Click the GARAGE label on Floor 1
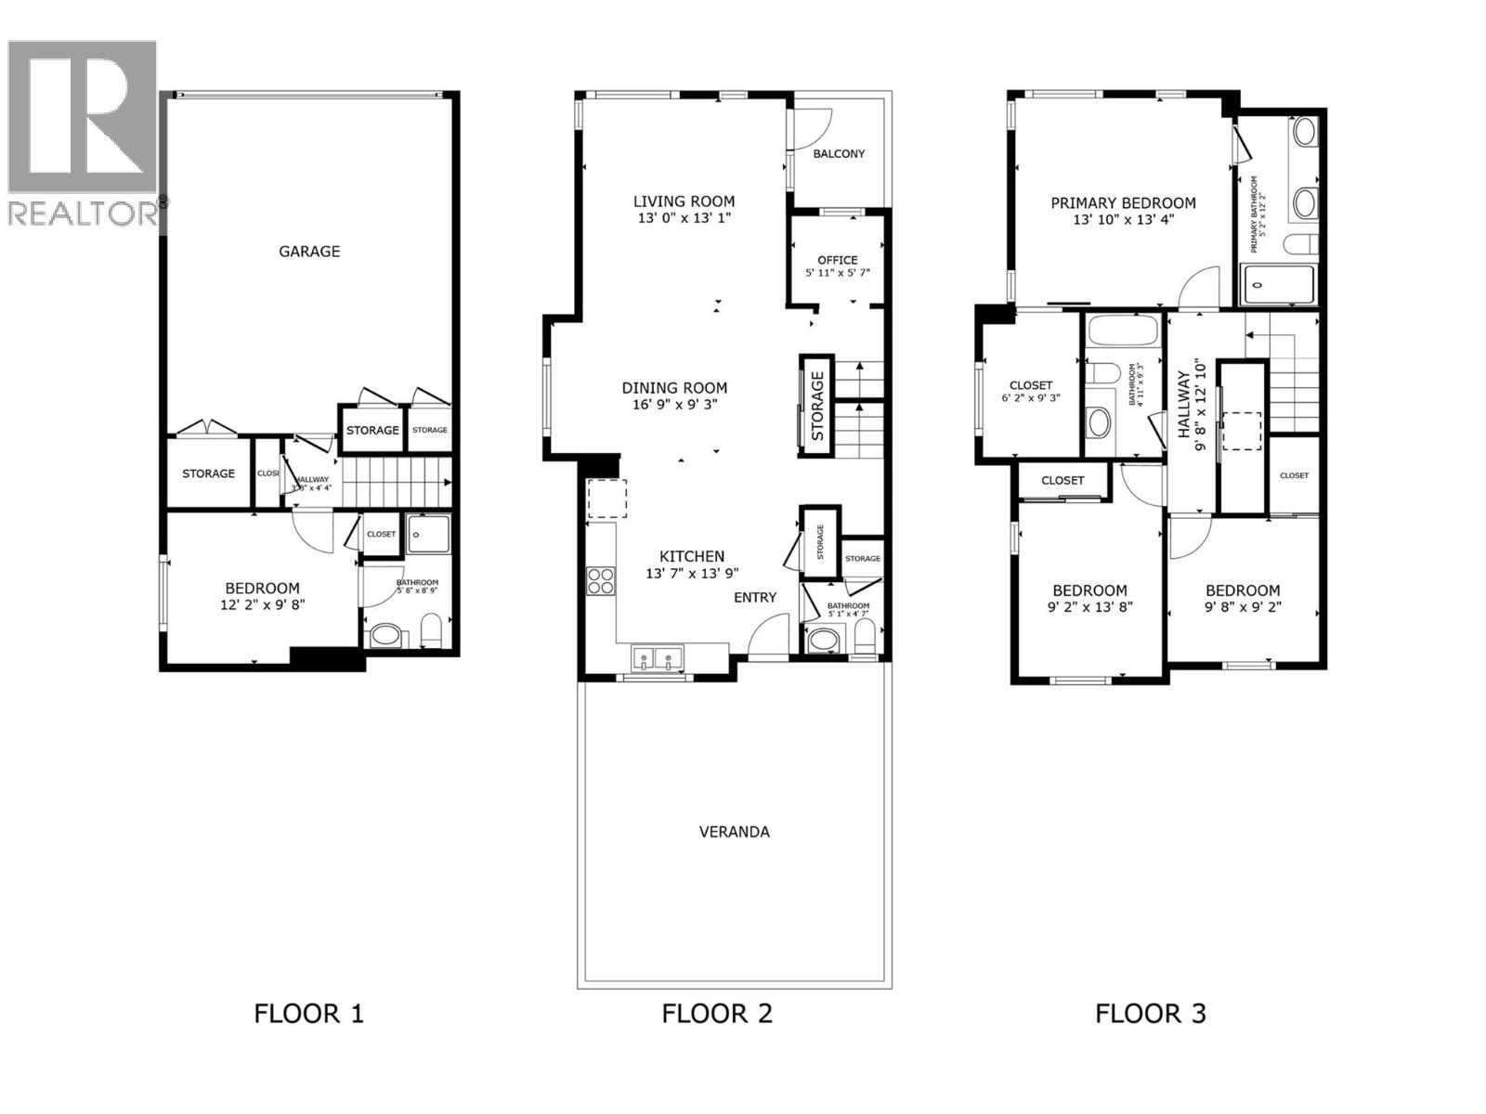tap(309, 252)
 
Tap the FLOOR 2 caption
tap(717, 1013)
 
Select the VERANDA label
tap(734, 832)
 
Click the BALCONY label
tap(839, 154)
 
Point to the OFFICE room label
tap(837, 260)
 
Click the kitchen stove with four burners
tap(601, 580)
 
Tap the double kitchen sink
tap(657, 658)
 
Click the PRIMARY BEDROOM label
tap(1123, 203)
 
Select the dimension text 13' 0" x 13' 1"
tap(684, 219)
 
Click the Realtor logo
tap(84, 130)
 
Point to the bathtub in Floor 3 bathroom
tap(1123, 332)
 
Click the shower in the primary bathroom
tap(1279, 285)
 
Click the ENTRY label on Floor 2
tap(754, 597)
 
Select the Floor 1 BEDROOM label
tap(262, 588)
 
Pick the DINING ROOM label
tap(674, 388)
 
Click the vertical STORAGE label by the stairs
tap(817, 406)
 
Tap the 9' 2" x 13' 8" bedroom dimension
tap(1090, 607)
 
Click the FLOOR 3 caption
tap(1150, 1013)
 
